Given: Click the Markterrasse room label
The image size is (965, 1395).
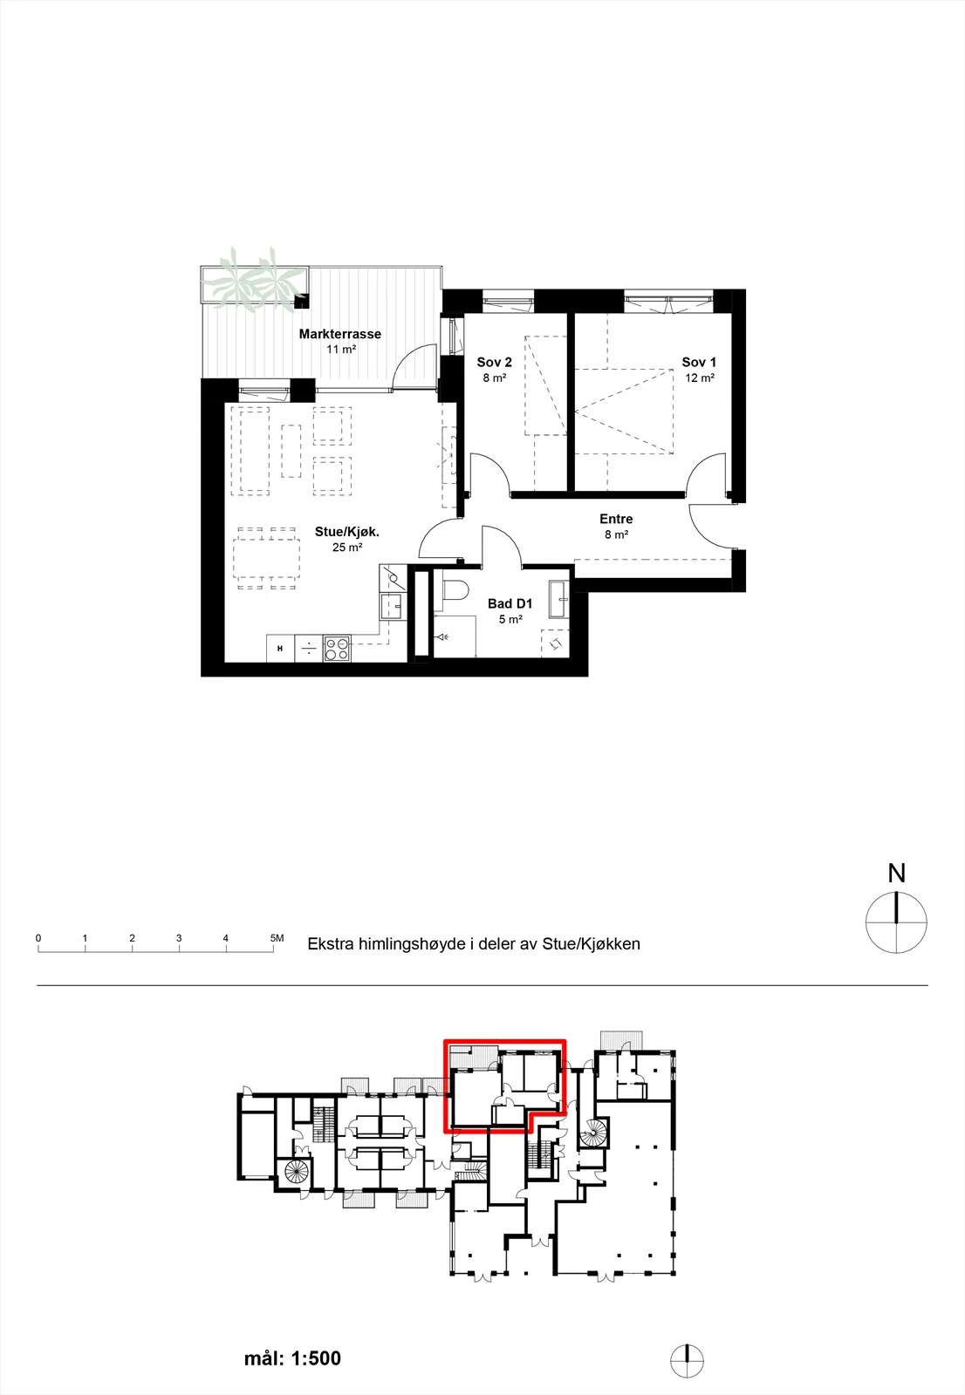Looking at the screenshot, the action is point(339,334).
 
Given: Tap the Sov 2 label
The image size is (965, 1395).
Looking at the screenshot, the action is point(495,362).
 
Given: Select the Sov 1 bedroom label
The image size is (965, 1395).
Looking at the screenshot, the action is point(699,362).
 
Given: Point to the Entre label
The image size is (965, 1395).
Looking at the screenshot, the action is point(616,519).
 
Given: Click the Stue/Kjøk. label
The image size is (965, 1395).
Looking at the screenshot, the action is point(347,532).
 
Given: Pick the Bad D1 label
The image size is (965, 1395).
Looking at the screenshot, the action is point(510,603).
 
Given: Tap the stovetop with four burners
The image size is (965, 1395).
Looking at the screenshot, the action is point(337,649).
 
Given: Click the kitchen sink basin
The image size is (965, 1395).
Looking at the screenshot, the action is point(392,606).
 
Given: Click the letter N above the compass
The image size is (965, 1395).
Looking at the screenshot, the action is point(896,874).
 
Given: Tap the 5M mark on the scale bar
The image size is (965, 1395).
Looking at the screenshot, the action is point(277,938).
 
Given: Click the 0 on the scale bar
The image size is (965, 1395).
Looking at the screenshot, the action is point(38,938).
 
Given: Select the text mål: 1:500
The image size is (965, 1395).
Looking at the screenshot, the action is point(292,1358).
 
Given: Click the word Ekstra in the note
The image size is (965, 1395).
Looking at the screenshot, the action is point(330,943).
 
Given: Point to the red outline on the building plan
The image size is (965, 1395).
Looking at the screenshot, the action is point(504,1041).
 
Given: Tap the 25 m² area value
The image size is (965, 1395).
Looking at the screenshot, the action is point(347,548).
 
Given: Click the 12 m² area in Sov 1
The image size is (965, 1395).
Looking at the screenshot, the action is point(700,378).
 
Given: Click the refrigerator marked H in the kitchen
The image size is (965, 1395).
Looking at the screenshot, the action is point(281,649).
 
